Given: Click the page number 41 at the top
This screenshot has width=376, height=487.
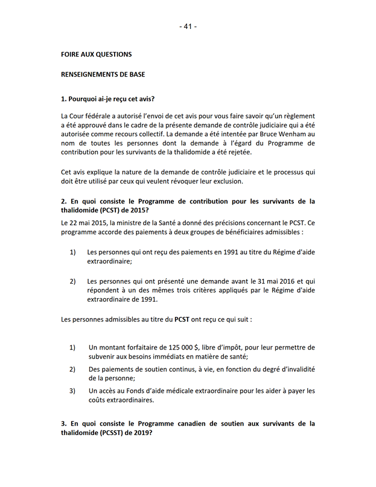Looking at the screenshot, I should click(188, 27).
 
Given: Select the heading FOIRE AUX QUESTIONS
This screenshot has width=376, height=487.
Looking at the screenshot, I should click(97, 54).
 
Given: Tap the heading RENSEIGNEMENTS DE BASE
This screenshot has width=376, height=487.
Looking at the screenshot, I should click(103, 75).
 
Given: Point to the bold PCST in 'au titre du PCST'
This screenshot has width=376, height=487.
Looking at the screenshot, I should click(182, 319).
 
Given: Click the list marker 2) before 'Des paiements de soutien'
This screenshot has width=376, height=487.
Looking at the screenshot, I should click(72, 369).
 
